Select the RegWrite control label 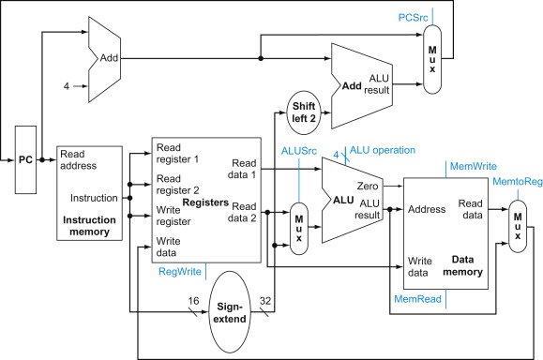point(179,272)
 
